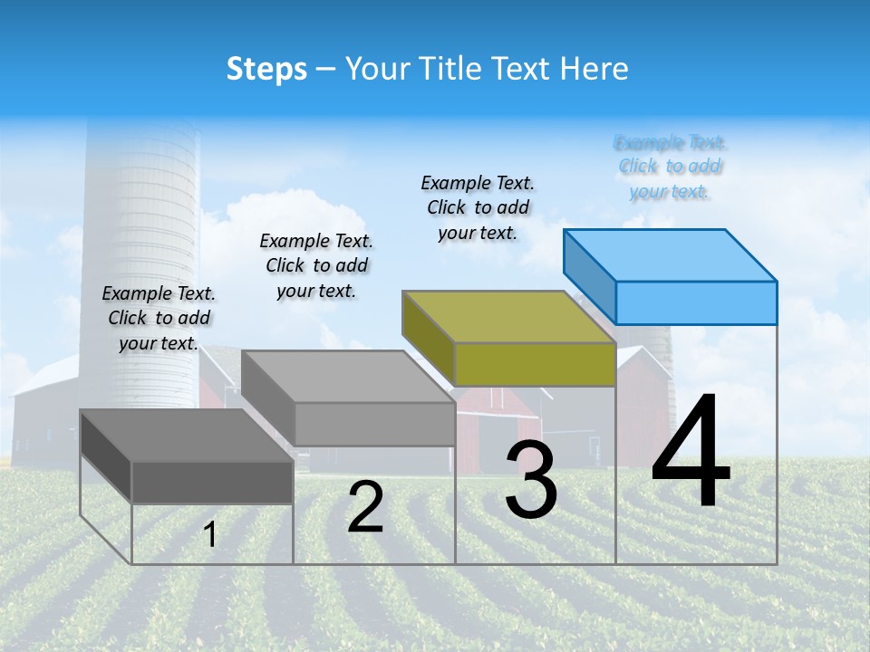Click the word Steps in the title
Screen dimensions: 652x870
click(x=266, y=69)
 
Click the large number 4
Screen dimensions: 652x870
click(x=691, y=453)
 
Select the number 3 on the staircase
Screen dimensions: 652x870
click(x=531, y=481)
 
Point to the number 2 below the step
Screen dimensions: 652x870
click(x=365, y=507)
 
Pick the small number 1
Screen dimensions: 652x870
click(x=210, y=534)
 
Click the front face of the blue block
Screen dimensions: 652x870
click(x=696, y=302)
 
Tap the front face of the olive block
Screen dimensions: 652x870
click(x=535, y=364)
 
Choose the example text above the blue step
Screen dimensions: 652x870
click(x=671, y=167)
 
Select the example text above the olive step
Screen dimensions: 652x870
click(x=478, y=207)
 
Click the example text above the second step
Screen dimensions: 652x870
click(x=316, y=265)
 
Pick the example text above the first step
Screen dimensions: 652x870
click(x=159, y=318)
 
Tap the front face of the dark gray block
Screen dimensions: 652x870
click(x=212, y=482)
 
